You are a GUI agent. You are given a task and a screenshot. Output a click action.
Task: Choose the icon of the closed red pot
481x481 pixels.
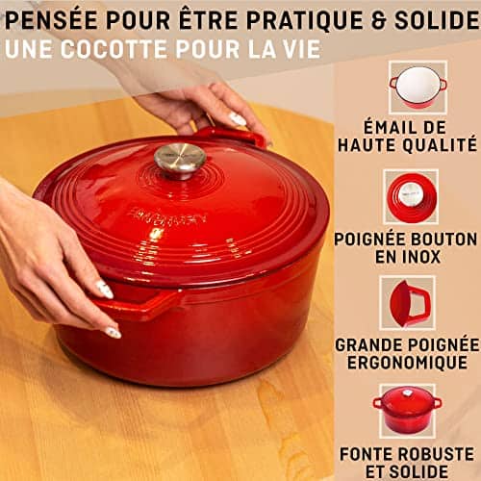coord(408,408)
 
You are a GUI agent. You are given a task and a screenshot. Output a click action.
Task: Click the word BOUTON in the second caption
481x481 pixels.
coord(443,236)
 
